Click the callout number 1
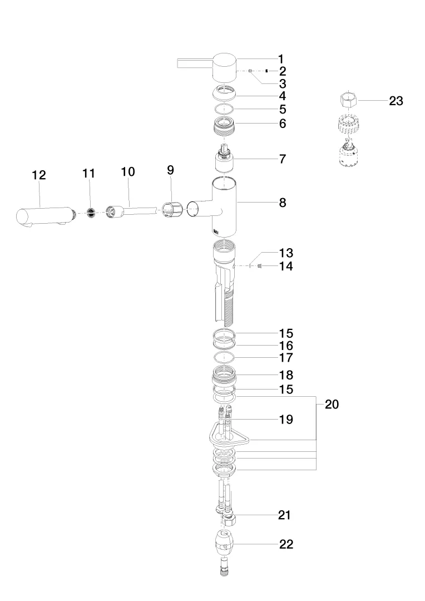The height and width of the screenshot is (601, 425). pos(281,60)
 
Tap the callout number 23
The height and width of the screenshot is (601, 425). pos(396,101)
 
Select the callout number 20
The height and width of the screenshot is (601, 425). pos(332,404)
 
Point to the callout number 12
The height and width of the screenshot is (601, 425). pos(39,175)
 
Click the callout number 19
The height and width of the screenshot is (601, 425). pos(286,420)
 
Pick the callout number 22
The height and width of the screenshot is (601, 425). pos(286,544)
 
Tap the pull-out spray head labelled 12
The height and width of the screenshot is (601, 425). pos(45,216)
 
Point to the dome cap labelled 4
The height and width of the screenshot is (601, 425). pos(224,93)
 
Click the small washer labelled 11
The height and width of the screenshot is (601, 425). pos(91,214)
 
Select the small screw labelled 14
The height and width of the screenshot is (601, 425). pos(260,266)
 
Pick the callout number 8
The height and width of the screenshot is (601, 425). pos(283,203)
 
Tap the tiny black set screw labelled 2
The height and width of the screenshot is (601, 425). pos(266,71)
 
